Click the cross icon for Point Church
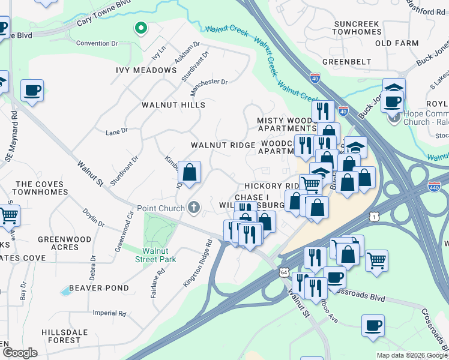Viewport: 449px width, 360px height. tap(193, 208)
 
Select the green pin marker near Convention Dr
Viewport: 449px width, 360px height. tap(140, 28)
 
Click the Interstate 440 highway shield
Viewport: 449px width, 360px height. tap(435, 187)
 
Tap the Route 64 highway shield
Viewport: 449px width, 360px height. tap(283, 272)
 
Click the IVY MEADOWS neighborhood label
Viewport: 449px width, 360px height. tap(146, 70)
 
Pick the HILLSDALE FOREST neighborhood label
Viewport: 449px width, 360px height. tap(61, 335)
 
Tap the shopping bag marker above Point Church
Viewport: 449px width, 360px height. tap(189, 173)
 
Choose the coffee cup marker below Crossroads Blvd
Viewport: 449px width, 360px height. tap(373, 326)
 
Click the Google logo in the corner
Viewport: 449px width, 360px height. tap(20, 352)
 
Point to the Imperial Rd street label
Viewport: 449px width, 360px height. tap(109, 313)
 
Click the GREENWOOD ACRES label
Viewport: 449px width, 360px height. tap(65, 243)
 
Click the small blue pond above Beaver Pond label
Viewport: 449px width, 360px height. tap(64, 292)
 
